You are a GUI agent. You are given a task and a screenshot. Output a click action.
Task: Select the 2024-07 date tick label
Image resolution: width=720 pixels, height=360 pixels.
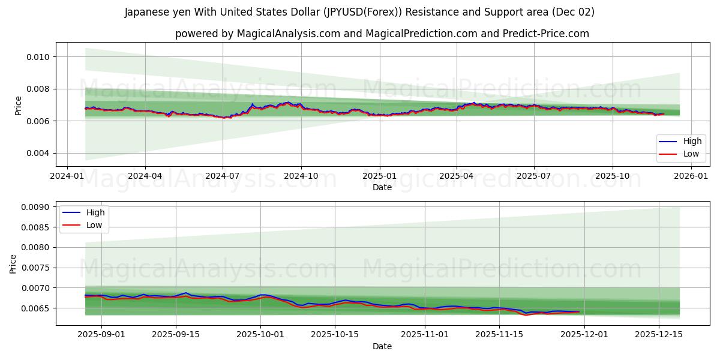tap(223, 176)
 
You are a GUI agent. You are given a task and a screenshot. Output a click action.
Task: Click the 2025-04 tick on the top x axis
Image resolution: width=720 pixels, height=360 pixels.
tap(457, 176)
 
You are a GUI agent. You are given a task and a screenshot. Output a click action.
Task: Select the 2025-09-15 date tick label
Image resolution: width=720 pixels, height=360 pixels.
tap(176, 335)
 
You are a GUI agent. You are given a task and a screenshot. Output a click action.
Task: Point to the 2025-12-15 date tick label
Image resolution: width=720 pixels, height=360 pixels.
tap(659, 335)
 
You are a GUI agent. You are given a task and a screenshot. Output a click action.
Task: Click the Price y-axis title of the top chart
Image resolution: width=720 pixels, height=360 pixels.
tap(18, 105)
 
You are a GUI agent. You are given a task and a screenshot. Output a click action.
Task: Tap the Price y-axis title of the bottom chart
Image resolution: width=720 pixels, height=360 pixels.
tap(13, 263)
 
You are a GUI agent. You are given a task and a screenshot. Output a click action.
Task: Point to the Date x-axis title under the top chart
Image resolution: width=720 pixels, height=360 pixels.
tap(382, 187)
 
